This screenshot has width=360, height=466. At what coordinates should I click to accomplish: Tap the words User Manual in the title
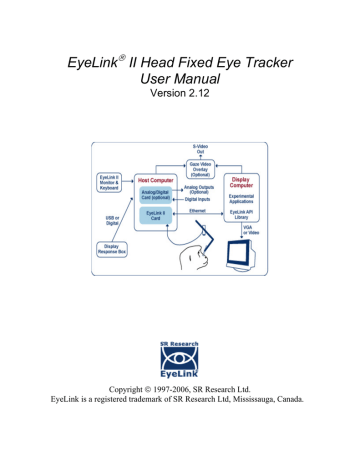[x=181, y=86]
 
